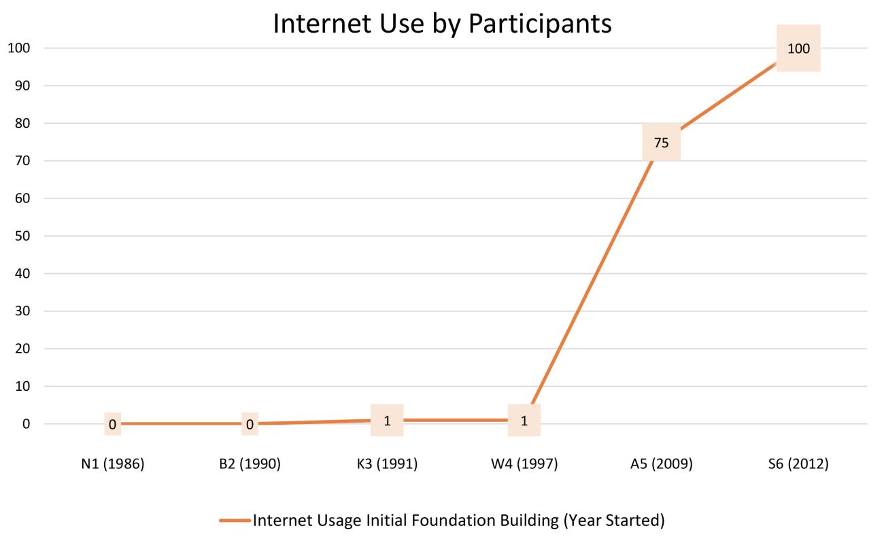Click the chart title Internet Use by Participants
(442, 24)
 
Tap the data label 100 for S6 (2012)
(798, 48)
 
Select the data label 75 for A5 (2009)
(661, 142)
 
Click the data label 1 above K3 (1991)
(387, 421)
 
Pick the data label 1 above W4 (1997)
(524, 421)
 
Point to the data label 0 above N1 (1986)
(113, 425)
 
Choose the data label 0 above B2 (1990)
(250, 425)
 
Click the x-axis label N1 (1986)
(113, 465)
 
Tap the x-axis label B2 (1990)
(250, 465)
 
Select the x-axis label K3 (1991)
(387, 465)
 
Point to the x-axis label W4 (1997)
(524, 465)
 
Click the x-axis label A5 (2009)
(661, 465)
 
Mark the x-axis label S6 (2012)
(798, 465)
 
